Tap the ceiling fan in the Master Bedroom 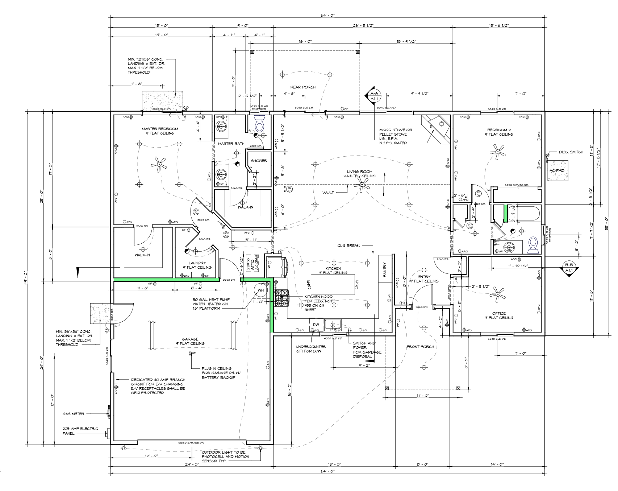pos(158,164)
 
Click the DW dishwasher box pos(316,325)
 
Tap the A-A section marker pos(373,96)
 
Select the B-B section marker pos(569,268)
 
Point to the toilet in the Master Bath pos(259,125)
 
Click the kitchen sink pos(333,324)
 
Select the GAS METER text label pos(74,413)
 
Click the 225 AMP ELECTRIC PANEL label pos(80,431)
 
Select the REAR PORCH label pos(303,87)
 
